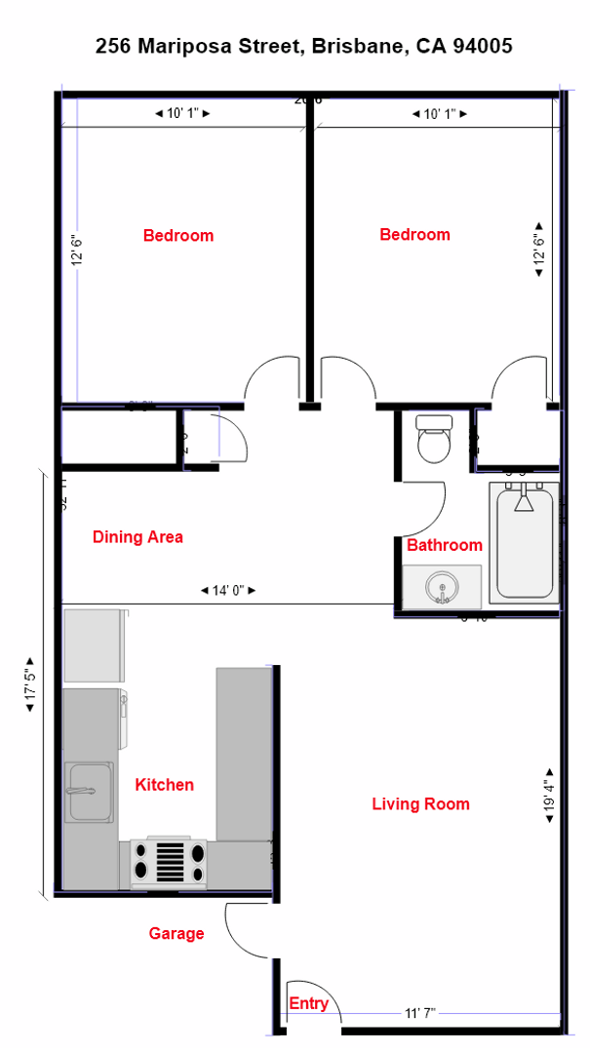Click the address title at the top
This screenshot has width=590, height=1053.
303,46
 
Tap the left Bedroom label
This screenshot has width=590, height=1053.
177,235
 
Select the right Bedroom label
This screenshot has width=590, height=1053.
414,234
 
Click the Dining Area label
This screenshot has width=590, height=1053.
138,536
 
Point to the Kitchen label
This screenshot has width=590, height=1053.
164,784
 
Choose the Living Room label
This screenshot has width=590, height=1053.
420,803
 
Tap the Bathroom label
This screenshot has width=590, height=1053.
444,545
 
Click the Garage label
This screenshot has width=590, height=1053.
177,933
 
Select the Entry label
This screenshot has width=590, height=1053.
308,1003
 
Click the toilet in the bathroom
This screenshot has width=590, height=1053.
433,439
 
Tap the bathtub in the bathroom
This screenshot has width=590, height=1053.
526,543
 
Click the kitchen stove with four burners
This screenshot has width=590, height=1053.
170,862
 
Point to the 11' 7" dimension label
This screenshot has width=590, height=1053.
419,1013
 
